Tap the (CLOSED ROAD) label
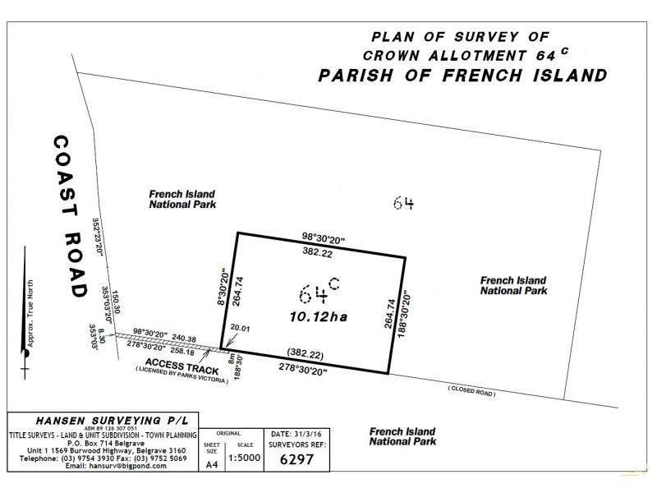472,394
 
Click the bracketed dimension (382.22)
300,351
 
